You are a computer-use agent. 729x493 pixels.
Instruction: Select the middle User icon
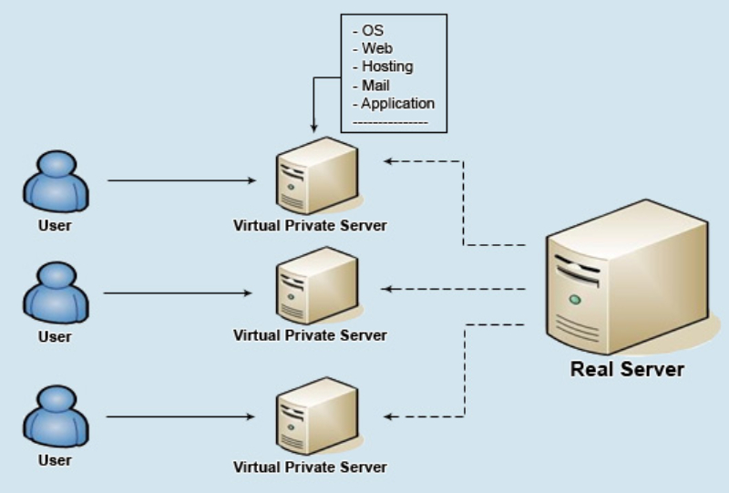[55, 293]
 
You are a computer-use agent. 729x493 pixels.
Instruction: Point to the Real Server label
[627, 369]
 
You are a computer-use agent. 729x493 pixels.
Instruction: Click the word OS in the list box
[372, 30]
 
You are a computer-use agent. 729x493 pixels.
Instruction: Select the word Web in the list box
[376, 48]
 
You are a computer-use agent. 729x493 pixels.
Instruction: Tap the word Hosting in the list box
[386, 67]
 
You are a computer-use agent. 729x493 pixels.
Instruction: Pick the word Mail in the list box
[375, 85]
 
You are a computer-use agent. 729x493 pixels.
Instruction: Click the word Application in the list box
[397, 103]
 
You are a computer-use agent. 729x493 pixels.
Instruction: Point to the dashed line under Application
[390, 121]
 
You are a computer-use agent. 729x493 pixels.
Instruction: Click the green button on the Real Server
[574, 299]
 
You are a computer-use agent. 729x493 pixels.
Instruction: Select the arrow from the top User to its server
[182, 180]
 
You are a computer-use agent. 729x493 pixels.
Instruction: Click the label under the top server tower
[310, 225]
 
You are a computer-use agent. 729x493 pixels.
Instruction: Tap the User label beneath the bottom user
[55, 460]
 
